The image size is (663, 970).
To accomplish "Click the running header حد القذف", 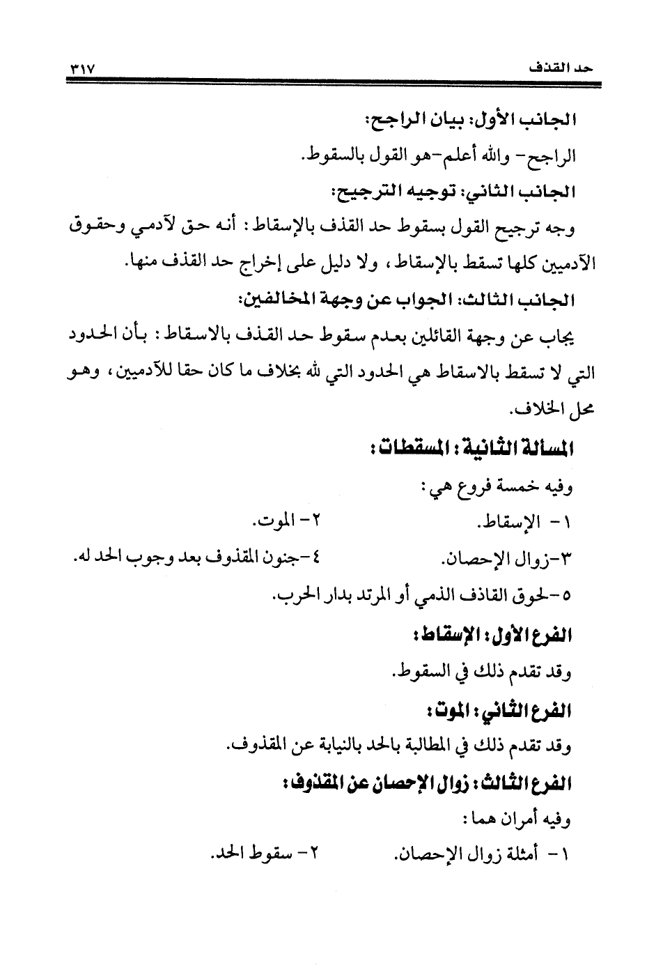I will pos(561,70).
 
